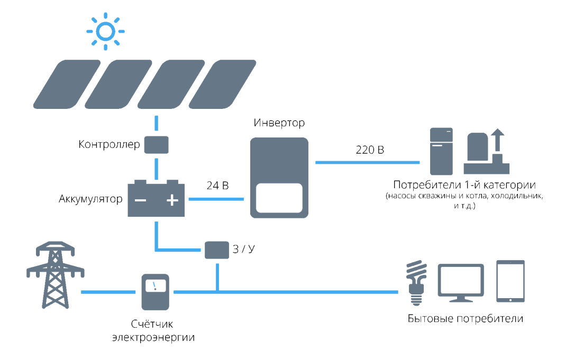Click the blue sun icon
click(105, 31)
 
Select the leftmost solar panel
click(67, 85)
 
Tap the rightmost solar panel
click(223, 85)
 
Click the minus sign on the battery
click(140, 200)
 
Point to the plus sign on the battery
click(172, 200)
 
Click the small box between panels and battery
click(156, 145)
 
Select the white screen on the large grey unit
click(279, 198)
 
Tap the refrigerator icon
click(441, 151)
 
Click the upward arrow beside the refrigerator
click(497, 140)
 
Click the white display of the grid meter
click(155, 286)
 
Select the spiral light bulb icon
click(416, 282)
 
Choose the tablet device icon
click(511, 281)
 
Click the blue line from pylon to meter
click(108, 292)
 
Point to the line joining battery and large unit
click(216, 199)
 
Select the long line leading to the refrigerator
click(367, 162)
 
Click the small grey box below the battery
click(217, 250)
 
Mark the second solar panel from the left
click(119, 85)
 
